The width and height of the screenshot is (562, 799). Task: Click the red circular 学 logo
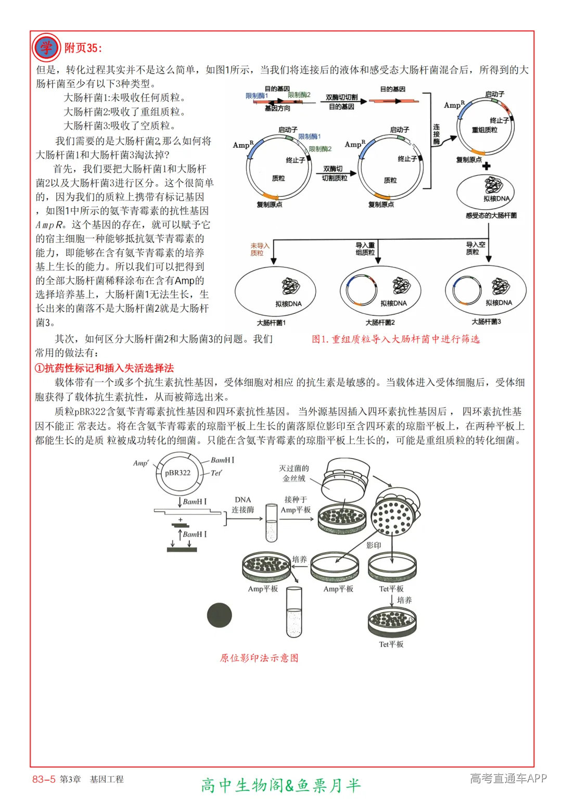click(x=46, y=47)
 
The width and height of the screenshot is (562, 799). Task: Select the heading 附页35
click(x=83, y=48)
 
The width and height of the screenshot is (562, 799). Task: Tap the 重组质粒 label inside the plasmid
click(x=484, y=130)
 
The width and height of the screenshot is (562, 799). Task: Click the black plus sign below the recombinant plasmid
click(x=486, y=167)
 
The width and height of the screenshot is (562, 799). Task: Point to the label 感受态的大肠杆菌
click(x=491, y=215)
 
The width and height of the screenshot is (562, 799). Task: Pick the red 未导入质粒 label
click(x=260, y=249)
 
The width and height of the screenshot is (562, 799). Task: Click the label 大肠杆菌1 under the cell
click(x=271, y=323)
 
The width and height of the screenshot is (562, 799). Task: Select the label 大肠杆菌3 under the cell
click(x=486, y=322)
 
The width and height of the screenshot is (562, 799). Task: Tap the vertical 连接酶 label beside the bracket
click(x=436, y=134)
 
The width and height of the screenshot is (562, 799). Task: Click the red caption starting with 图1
click(x=395, y=339)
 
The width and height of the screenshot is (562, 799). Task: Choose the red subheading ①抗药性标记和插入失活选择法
click(x=104, y=369)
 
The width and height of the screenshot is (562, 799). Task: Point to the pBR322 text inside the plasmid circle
click(x=177, y=473)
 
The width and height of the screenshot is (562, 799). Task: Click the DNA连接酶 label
click(x=242, y=505)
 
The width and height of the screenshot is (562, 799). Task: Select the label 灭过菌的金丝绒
click(x=294, y=473)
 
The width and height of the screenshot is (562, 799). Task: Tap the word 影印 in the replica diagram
click(x=373, y=545)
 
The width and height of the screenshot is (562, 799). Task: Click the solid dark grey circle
click(x=219, y=615)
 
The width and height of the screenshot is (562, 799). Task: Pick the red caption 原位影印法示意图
click(x=259, y=658)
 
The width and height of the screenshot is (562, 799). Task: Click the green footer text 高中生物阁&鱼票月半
click(x=280, y=785)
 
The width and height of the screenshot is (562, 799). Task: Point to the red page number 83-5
click(x=44, y=779)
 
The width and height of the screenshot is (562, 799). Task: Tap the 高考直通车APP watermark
click(x=508, y=778)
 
